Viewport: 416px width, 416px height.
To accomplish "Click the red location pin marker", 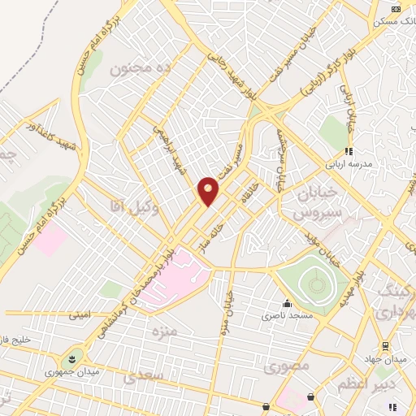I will tap(209, 191).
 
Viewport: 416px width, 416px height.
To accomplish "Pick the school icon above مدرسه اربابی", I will tap(349, 151).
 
